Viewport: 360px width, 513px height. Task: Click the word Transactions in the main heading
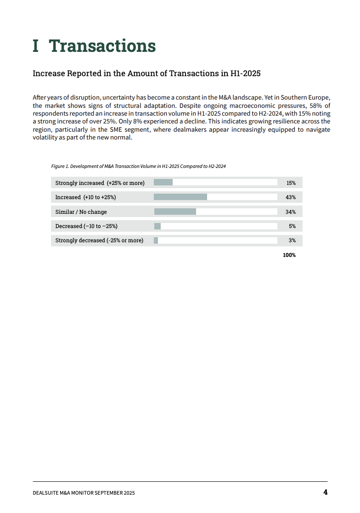pyautogui.click(x=102, y=46)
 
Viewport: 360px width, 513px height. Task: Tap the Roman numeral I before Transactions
pyautogui.click(x=36, y=46)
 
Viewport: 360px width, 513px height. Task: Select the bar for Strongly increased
pyautogui.click(x=163, y=183)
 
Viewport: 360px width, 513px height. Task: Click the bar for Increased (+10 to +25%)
pyautogui.click(x=180, y=197)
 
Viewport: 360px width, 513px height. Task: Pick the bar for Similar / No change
pyautogui.click(x=175, y=212)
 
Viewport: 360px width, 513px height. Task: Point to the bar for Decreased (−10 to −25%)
pyautogui.click(x=157, y=226)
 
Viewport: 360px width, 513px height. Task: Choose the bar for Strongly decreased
pyautogui.click(x=156, y=240)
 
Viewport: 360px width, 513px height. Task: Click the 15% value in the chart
pyautogui.click(x=291, y=183)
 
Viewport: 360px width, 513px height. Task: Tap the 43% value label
pyautogui.click(x=291, y=197)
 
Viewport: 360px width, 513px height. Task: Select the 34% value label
pyautogui.click(x=291, y=212)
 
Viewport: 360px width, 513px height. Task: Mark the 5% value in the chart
pyautogui.click(x=292, y=226)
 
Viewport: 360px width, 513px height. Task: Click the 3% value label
pyautogui.click(x=292, y=240)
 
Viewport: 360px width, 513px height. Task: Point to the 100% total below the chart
pyautogui.click(x=289, y=255)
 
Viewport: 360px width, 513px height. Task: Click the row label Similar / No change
pyautogui.click(x=81, y=212)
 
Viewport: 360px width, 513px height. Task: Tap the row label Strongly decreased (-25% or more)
pyautogui.click(x=99, y=240)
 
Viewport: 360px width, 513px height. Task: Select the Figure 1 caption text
pyautogui.click(x=138, y=166)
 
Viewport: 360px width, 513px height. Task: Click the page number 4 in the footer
pyautogui.click(x=325, y=492)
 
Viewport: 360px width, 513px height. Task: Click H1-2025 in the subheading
pyautogui.click(x=245, y=73)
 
